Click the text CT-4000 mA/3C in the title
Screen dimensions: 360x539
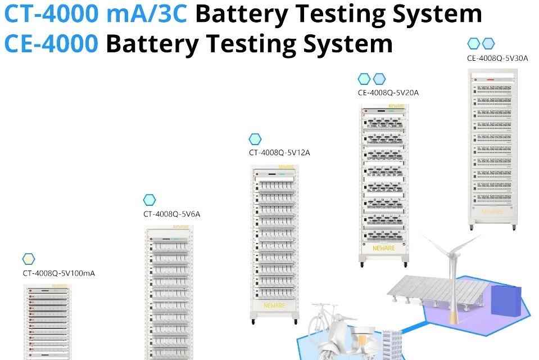click(x=96, y=13)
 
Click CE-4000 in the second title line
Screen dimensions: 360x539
click(x=51, y=43)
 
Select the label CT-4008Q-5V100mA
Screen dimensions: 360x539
click(x=58, y=273)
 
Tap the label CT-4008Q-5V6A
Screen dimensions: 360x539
click(x=171, y=214)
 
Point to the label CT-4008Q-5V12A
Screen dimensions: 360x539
click(x=279, y=152)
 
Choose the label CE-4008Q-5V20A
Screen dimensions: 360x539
click(x=388, y=93)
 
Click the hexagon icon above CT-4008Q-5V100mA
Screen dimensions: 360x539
click(x=29, y=259)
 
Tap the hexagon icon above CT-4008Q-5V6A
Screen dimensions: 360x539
click(x=150, y=200)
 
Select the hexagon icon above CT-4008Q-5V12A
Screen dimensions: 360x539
click(x=255, y=138)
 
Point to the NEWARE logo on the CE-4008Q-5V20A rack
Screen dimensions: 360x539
click(x=383, y=247)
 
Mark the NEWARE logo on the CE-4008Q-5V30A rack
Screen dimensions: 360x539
click(x=492, y=211)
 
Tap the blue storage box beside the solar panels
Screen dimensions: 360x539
click(x=506, y=300)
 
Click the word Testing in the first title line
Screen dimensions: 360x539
click(x=337, y=13)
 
